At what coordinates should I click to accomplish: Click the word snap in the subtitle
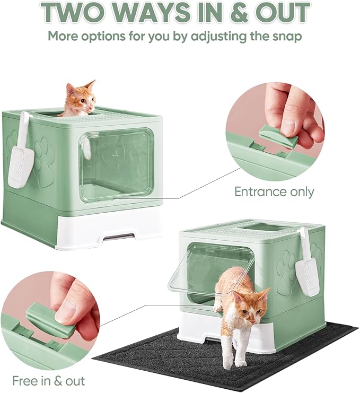[x=287, y=37]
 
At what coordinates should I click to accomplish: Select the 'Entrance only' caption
[x=274, y=191]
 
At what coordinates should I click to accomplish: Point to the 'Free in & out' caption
[x=40, y=381]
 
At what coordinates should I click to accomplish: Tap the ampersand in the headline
[x=229, y=13]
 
